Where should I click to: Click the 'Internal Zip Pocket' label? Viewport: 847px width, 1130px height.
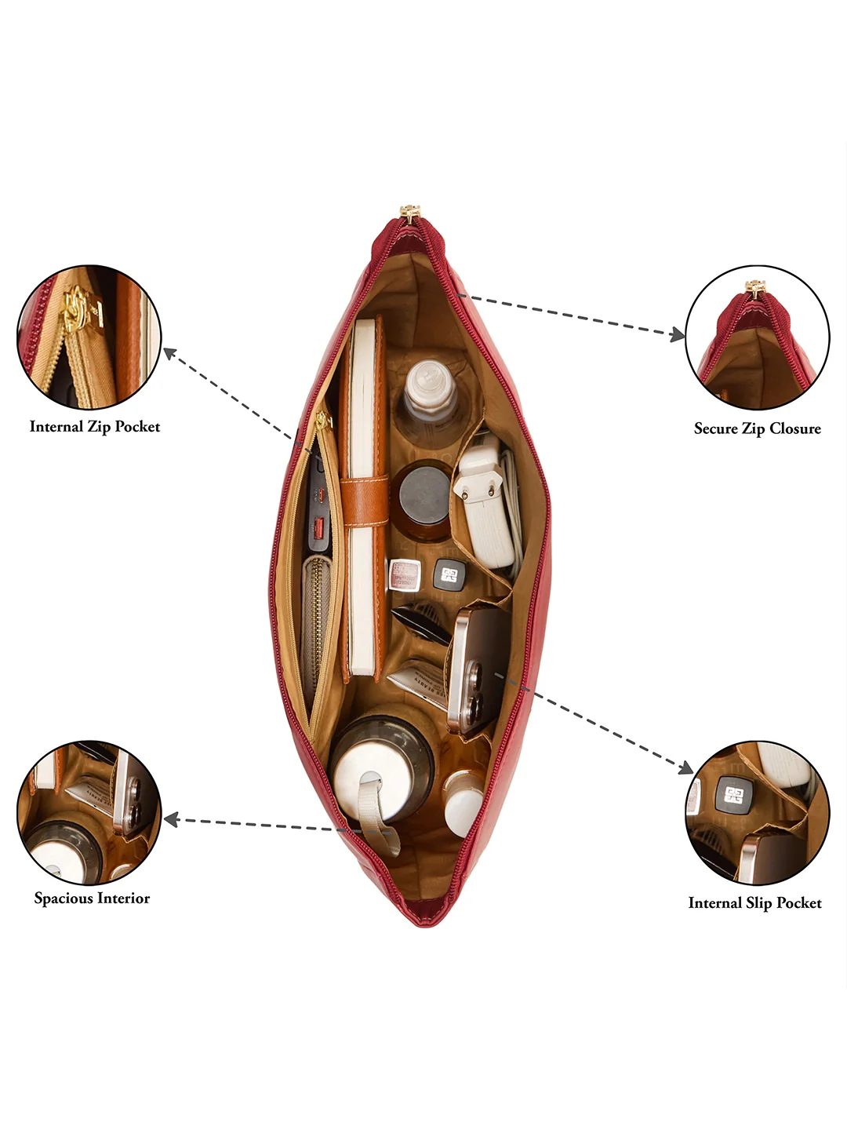[x=95, y=427]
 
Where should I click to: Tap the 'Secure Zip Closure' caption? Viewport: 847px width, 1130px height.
[x=757, y=428]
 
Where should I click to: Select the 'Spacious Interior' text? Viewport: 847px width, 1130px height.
[x=92, y=898]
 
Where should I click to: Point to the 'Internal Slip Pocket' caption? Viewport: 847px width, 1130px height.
[x=755, y=903]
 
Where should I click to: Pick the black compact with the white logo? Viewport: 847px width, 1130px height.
[x=449, y=574]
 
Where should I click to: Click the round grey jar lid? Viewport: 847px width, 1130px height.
[x=425, y=497]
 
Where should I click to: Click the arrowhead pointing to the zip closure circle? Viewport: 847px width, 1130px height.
[x=677, y=335]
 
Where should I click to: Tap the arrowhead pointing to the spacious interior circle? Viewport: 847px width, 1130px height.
[x=171, y=819]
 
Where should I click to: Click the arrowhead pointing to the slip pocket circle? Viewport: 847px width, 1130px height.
[x=685, y=767]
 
